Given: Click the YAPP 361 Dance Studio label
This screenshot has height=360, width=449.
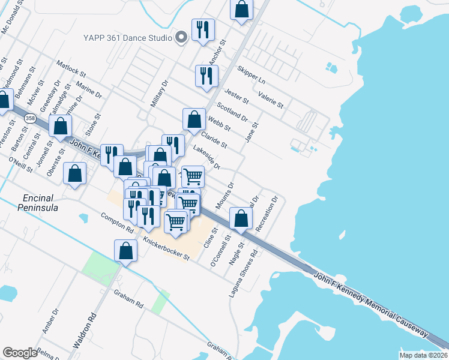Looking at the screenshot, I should coord(127,37).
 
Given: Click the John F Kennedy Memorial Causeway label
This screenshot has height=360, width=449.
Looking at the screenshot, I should coord(371,304).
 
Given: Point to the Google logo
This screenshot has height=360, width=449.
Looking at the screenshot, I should coord(20,353).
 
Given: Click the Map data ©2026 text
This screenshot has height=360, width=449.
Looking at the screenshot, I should coord(423,355).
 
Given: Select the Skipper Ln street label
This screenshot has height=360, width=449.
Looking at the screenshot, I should coord(251,74).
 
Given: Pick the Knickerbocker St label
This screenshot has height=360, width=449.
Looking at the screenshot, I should coord(166,248).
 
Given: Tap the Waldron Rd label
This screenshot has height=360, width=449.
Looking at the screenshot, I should coord(85,329).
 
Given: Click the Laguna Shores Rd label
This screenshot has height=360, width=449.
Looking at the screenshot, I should coord(243,274).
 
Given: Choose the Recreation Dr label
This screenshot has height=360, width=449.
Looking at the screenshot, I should coord(268,214).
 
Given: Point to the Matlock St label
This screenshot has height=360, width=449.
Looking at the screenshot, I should coord(71,67).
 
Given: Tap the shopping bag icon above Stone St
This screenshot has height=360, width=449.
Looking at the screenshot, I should coord(60,126).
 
